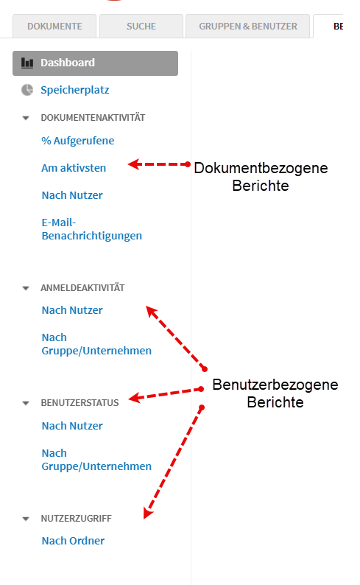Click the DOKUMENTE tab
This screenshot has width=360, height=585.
pos(54,26)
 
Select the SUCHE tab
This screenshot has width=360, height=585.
pos(141,26)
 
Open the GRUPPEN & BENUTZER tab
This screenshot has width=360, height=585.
pos(248,26)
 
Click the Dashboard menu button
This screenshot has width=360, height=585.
pos(95,63)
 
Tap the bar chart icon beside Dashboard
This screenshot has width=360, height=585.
pos(27,63)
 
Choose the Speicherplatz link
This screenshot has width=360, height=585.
pos(75,90)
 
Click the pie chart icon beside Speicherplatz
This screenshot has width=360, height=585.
pos(27,90)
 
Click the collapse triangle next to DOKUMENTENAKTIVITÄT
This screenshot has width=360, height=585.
pos(26,119)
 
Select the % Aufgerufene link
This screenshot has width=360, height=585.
pos(78,141)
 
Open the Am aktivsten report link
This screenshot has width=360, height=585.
pos(74,168)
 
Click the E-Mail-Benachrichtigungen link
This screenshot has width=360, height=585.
pos(92,229)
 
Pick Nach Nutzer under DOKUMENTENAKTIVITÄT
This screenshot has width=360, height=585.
pos(72,195)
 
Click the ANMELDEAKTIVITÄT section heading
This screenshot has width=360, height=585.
pos(82,287)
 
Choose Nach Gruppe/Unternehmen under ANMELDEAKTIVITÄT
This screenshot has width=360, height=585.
pos(96,344)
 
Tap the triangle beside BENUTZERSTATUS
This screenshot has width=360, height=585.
pos(26,403)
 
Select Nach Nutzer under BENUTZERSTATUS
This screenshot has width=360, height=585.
pos(72,426)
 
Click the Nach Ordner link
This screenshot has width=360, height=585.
pos(73,541)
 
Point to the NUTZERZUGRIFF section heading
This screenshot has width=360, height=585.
pos(76,518)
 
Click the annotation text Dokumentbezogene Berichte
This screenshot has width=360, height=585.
pos(261,177)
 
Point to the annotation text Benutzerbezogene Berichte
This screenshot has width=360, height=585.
pos(275,393)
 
